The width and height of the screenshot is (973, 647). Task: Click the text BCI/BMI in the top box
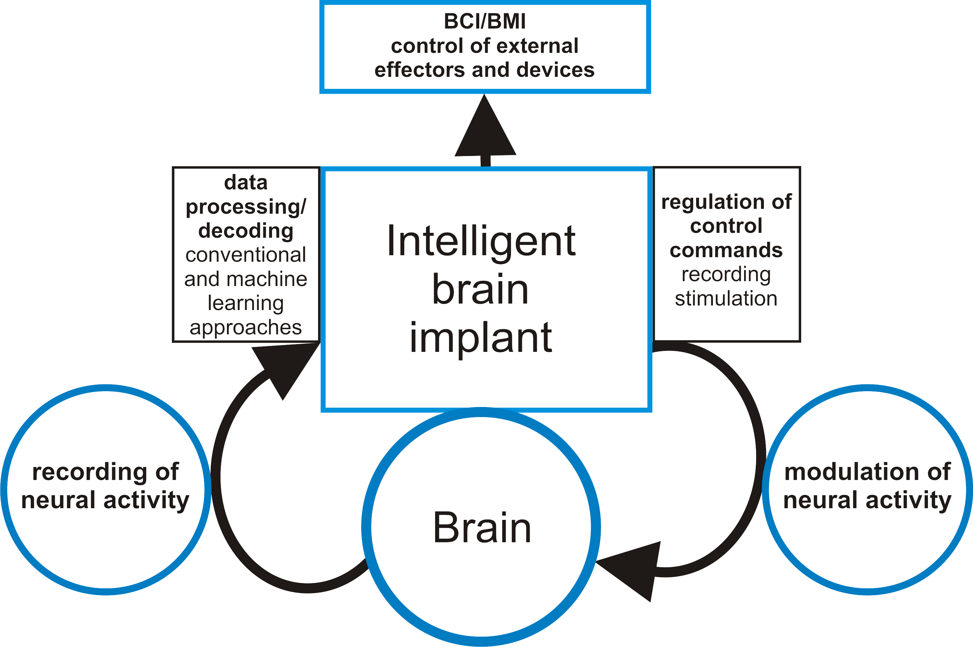(x=485, y=21)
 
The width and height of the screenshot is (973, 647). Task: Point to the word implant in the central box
(x=481, y=338)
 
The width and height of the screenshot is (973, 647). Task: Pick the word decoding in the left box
(x=246, y=231)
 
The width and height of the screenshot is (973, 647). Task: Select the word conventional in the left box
(x=246, y=255)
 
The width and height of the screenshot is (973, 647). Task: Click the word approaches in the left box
(x=246, y=328)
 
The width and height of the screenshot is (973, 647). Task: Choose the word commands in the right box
(x=726, y=250)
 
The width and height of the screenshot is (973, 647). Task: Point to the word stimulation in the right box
(x=726, y=298)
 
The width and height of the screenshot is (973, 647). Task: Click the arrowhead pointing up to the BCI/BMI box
(x=485, y=128)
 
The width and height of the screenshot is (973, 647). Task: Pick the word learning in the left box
(x=246, y=304)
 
